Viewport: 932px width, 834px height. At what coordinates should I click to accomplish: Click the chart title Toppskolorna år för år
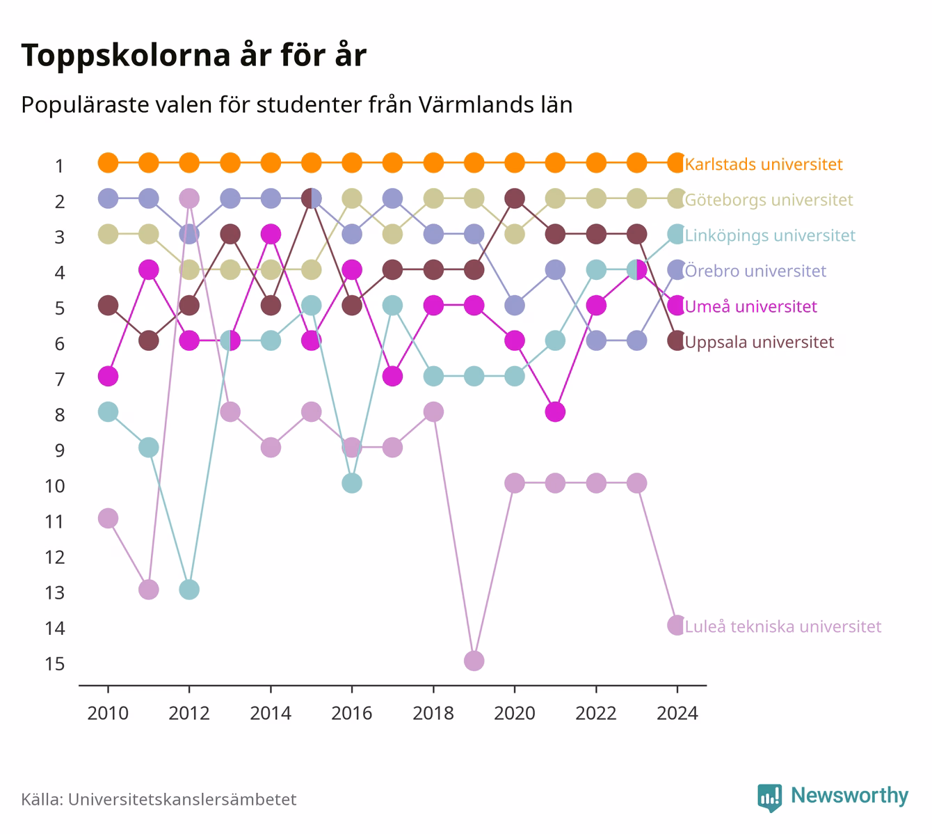tap(193, 56)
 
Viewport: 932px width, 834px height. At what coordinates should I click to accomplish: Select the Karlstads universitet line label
tap(764, 164)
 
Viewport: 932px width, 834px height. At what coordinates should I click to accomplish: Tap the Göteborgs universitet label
tap(769, 200)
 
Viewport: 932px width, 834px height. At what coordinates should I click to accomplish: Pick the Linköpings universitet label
tap(770, 235)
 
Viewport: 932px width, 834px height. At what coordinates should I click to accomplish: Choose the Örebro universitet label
tap(755, 271)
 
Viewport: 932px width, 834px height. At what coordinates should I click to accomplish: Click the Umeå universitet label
tap(750, 306)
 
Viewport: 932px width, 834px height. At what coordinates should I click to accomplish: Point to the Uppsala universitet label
tap(759, 343)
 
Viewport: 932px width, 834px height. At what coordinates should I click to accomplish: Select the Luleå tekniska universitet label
tap(783, 627)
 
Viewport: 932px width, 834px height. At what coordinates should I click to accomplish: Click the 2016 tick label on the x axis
tap(352, 714)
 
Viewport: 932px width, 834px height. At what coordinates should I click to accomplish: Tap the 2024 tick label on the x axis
tap(677, 714)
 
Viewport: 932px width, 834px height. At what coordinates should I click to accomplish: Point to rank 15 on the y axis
tap(55, 664)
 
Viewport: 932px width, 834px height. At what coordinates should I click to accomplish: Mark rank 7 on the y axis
tap(60, 380)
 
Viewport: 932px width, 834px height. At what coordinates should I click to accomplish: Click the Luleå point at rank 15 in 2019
tap(474, 661)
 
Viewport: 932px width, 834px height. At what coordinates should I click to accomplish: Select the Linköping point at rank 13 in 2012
tap(189, 590)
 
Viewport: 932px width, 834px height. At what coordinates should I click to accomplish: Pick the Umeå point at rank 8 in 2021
tap(555, 411)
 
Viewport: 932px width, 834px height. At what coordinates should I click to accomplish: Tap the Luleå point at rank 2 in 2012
tap(189, 198)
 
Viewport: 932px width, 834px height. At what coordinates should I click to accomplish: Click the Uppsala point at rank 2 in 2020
tap(515, 198)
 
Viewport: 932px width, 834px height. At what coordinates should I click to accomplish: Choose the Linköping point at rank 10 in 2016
tap(352, 483)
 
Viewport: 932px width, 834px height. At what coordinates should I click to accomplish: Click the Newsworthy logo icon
tap(770, 798)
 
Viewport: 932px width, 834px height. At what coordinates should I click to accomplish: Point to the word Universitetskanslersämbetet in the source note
tap(182, 799)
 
